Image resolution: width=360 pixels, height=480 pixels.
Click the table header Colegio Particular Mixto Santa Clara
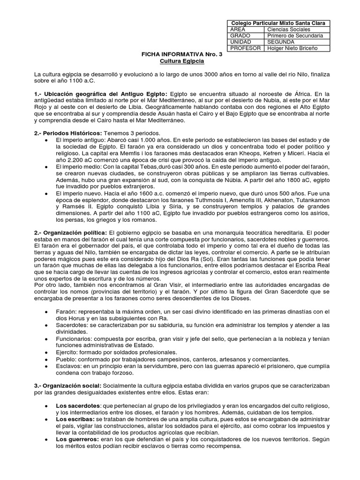[278, 23]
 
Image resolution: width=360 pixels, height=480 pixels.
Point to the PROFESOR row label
[245, 48]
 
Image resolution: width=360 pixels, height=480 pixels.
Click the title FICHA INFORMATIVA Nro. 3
[180, 54]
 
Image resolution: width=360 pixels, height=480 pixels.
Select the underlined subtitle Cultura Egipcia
[180, 61]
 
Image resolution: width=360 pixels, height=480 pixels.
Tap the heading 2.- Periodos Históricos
[67, 133]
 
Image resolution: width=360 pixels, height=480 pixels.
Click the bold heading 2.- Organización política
[70, 232]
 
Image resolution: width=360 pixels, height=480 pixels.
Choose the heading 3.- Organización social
[68, 385]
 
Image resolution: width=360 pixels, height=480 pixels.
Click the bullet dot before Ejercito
[45, 352]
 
